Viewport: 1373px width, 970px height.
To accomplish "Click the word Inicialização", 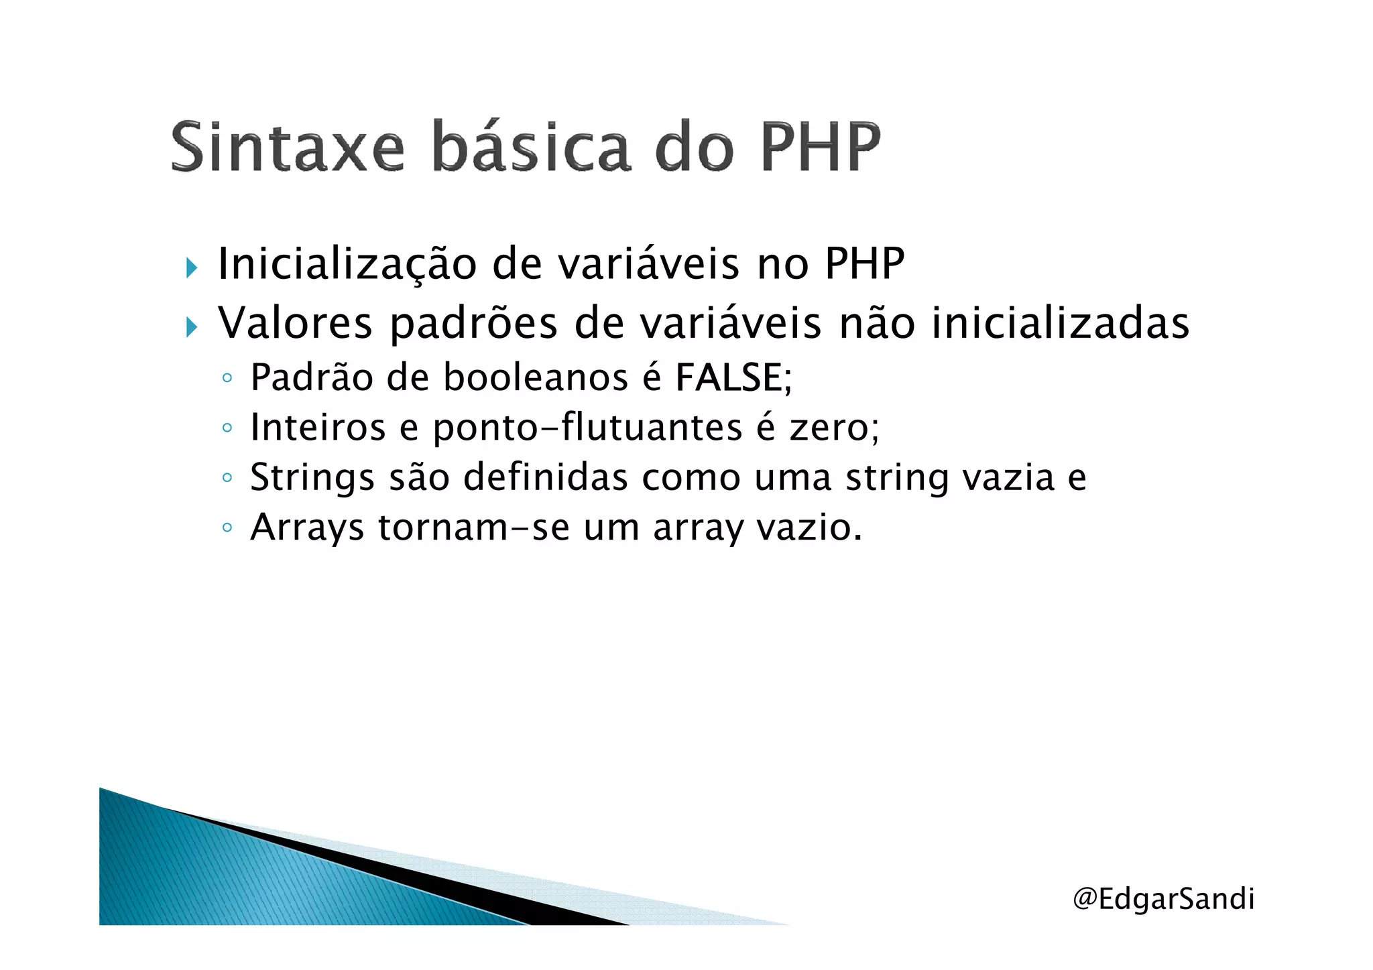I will [347, 264].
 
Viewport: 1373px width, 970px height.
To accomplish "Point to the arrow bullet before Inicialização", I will [192, 268].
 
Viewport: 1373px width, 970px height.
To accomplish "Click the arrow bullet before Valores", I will [192, 327].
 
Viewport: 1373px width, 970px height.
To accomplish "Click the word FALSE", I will [729, 377].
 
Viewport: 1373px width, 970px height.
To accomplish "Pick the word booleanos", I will [536, 377].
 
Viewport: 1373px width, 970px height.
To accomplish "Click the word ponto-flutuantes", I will [587, 428].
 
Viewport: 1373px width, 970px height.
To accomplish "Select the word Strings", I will [312, 479].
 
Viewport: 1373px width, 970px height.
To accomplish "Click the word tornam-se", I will [473, 528].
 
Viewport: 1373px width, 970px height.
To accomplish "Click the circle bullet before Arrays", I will [227, 528].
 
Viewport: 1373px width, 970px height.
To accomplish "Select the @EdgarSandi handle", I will [1163, 898].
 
